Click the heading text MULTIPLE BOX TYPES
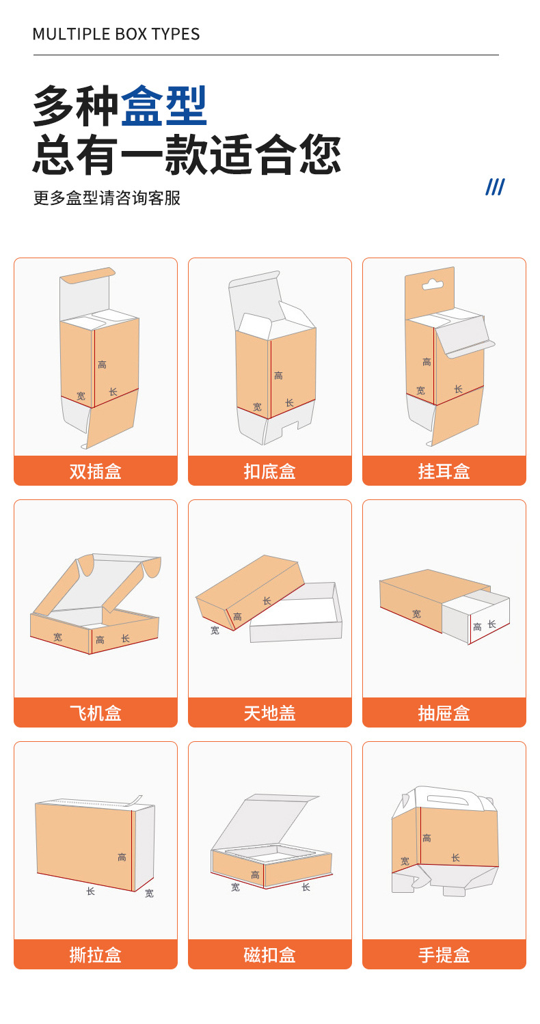(116, 34)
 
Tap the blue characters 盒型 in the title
(164, 106)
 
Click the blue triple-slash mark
(495, 186)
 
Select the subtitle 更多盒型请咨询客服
(107, 198)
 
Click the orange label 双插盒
(96, 471)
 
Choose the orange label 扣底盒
(270, 471)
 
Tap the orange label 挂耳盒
(444, 471)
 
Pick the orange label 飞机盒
(96, 713)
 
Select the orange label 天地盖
(270, 713)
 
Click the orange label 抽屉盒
(444, 713)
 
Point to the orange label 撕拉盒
(96, 955)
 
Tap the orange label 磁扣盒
(270, 955)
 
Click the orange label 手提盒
(444, 955)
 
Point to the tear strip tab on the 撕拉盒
(137, 800)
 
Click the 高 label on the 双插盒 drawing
(102, 365)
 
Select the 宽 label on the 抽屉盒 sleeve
(416, 614)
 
